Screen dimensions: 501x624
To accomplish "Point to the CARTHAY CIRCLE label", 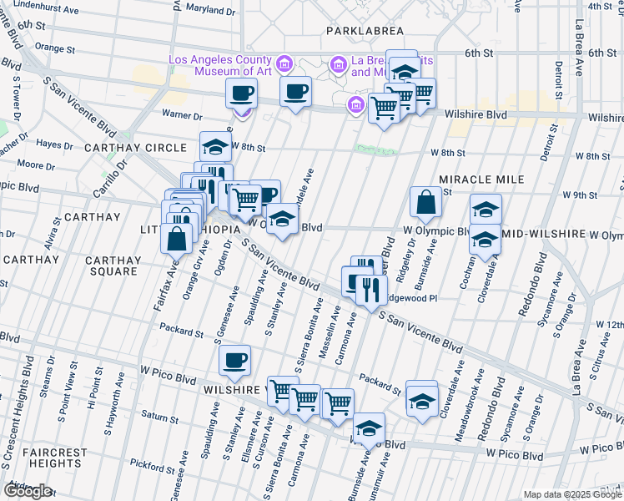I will (x=135, y=148).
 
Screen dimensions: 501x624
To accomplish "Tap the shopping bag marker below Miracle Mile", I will (x=425, y=202).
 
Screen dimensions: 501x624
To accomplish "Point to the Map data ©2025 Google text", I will (x=572, y=494).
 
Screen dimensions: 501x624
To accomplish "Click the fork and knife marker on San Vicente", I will (x=371, y=290).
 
